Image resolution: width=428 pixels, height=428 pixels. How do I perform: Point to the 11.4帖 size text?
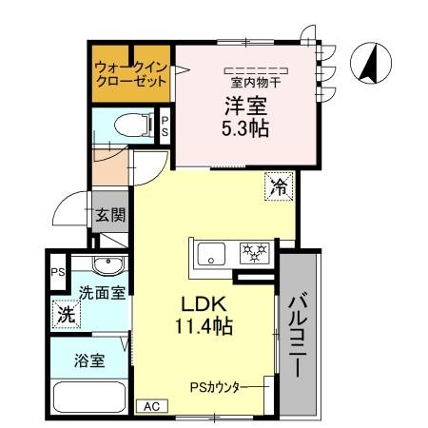pyautogui.click(x=202, y=326)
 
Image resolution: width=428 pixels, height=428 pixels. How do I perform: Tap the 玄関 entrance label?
pyautogui.click(x=109, y=215)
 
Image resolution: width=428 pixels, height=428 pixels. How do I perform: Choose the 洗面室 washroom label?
pyautogui.click(x=101, y=292)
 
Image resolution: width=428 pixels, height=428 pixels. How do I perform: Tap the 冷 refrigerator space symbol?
pyautogui.click(x=278, y=186)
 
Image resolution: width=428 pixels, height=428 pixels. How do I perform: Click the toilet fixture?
pyautogui.click(x=125, y=125)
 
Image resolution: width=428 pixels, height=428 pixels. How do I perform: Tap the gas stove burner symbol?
pyautogui.click(x=254, y=252)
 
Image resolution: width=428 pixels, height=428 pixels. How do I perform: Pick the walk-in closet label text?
pyautogui.click(x=130, y=73)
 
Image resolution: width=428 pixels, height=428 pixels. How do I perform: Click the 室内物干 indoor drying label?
pyautogui.click(x=256, y=82)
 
